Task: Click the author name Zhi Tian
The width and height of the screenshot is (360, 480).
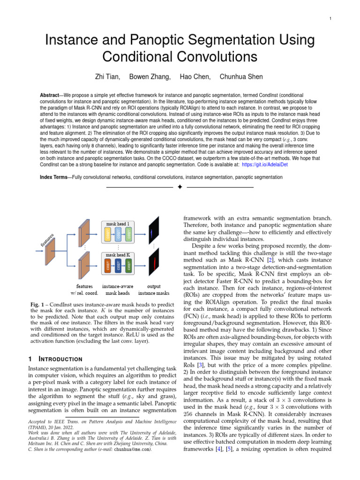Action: click(107, 76)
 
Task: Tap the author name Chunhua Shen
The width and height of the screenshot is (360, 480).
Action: click(241, 76)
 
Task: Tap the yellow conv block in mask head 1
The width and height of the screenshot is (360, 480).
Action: click(108, 235)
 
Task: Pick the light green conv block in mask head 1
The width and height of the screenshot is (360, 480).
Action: click(129, 235)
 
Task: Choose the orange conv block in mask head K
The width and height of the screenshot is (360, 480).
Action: click(108, 265)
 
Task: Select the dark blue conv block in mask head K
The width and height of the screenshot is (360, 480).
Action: click(119, 265)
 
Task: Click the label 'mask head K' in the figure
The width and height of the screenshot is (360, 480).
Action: click(118, 255)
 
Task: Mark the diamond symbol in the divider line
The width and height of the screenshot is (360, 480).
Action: click(180, 187)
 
